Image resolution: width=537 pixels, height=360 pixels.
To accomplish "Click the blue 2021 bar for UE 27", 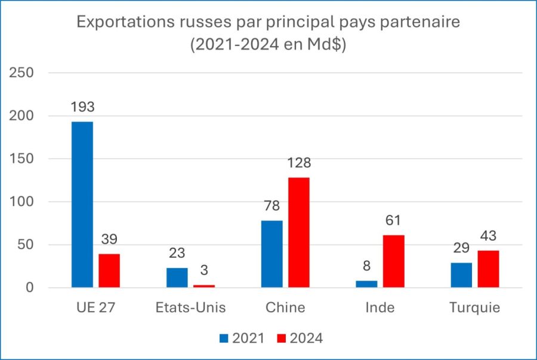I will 82,205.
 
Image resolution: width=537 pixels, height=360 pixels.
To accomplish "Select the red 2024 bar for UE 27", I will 109,271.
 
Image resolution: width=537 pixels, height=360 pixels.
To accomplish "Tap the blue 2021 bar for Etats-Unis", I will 177,278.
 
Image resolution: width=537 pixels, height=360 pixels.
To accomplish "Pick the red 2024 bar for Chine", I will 299,233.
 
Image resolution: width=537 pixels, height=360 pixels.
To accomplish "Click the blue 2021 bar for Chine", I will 272,254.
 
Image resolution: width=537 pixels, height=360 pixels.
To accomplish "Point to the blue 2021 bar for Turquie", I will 461,275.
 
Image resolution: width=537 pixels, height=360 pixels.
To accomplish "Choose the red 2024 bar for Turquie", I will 488,269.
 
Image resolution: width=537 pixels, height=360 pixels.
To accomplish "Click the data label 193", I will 82,108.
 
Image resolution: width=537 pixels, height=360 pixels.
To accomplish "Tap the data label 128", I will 299,164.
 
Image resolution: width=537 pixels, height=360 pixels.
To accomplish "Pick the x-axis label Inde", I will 380,308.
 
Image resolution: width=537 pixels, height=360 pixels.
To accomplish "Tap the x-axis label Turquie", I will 475,308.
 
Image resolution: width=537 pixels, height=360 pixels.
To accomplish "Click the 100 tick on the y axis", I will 21,202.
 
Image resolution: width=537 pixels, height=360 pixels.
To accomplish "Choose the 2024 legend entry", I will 300,339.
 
